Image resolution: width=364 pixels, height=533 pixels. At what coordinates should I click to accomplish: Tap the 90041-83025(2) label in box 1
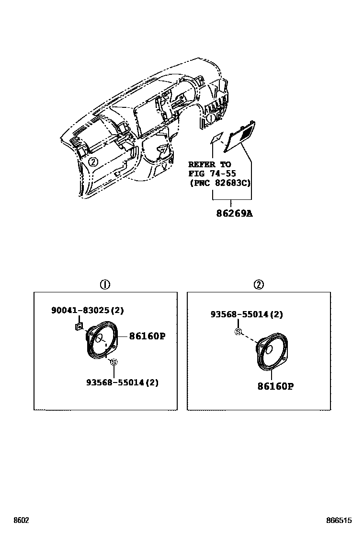coord(88,311)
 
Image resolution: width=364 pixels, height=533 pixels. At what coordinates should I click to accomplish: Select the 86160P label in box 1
coord(147,336)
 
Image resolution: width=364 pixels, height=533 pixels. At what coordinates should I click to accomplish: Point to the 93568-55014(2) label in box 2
coord(247,314)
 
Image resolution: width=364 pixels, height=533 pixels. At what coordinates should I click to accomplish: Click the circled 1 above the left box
coord(105,285)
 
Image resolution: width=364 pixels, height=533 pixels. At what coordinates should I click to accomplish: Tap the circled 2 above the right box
coord(259,285)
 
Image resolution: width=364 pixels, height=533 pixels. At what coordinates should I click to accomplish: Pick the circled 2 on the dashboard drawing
coord(93,162)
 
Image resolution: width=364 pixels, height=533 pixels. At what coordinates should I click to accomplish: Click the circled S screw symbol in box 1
coord(114,362)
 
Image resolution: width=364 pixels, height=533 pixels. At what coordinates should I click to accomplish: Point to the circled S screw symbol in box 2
coord(238,332)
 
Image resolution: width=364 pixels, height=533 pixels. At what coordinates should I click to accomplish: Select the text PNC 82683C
coord(219,183)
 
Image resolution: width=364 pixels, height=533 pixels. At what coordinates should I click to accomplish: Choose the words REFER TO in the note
coord(209,164)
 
